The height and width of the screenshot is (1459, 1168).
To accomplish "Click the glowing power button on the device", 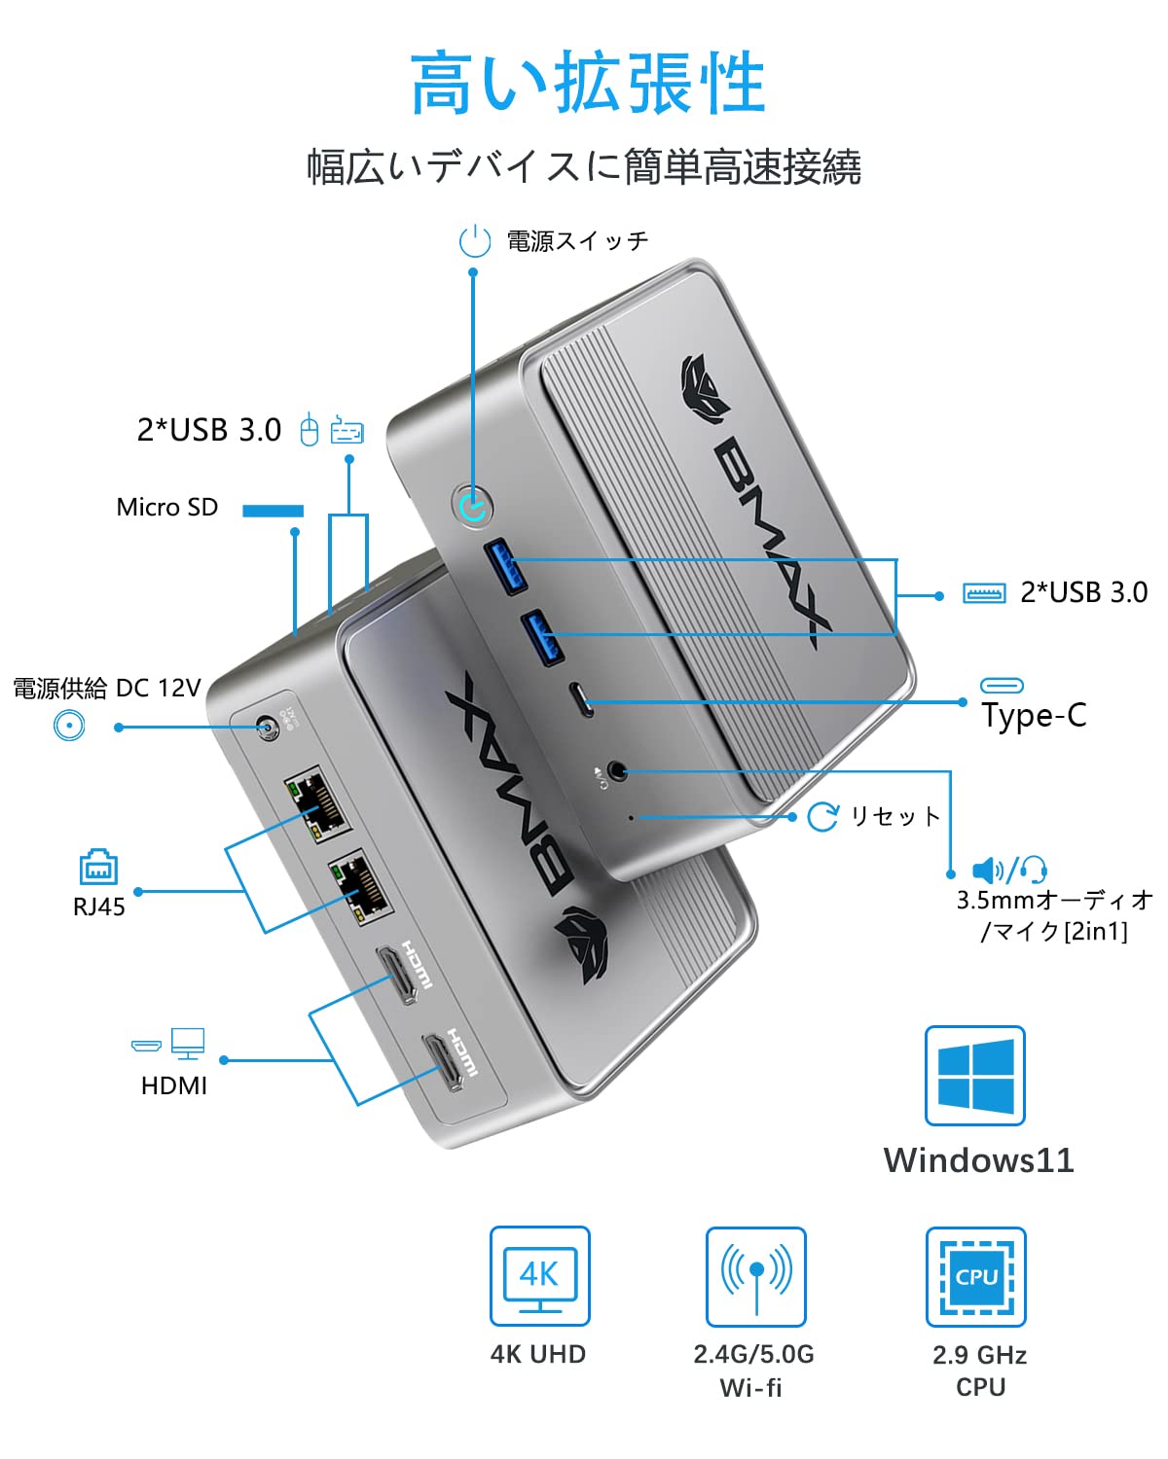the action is pos(473,506).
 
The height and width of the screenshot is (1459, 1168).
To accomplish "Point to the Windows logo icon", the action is pos(974,1076).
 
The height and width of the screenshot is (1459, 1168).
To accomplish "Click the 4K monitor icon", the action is pos(540,1276).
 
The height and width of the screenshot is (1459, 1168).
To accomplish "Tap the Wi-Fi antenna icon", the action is pos(756,1276).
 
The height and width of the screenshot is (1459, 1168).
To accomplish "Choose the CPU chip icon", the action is pos(976,1276).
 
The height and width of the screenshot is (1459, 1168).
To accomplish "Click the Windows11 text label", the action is pos(978,1160).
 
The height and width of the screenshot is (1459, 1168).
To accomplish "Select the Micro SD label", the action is pos(166,508).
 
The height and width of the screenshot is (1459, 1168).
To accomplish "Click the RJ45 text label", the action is pos(99,907).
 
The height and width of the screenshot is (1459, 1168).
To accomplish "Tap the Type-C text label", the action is pos(1034,716).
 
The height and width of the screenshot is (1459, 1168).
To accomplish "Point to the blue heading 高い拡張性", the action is pos(587,85).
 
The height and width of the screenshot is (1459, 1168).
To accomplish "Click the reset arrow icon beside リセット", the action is pos(822,816).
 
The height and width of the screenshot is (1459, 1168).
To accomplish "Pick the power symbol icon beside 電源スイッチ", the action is pos(475,240).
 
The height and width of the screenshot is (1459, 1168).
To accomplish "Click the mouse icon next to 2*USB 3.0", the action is pos(310,429).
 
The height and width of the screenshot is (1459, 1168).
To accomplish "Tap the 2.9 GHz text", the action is pos(979,1355).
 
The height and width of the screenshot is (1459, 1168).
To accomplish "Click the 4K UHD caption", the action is pos(538,1355).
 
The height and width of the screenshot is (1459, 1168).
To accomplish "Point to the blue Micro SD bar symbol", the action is pos(273,511).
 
